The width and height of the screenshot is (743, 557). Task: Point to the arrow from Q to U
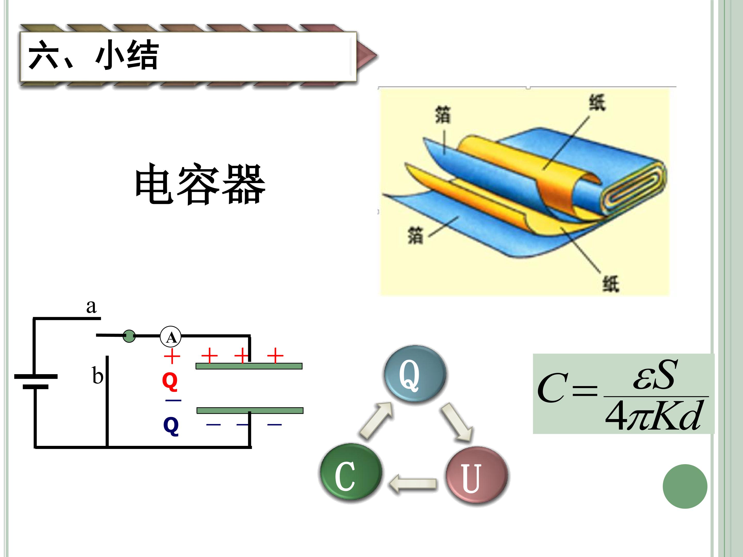pos(457,422)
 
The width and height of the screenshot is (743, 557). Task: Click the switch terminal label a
pos(91,306)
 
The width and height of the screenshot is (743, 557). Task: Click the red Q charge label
pos(170,382)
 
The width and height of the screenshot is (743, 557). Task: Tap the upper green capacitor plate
pos(249,366)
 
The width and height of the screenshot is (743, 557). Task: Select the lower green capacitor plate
pos(250,411)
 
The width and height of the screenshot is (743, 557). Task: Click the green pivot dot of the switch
pos(129,336)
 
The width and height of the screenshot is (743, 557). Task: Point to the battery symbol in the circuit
pos(36,382)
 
